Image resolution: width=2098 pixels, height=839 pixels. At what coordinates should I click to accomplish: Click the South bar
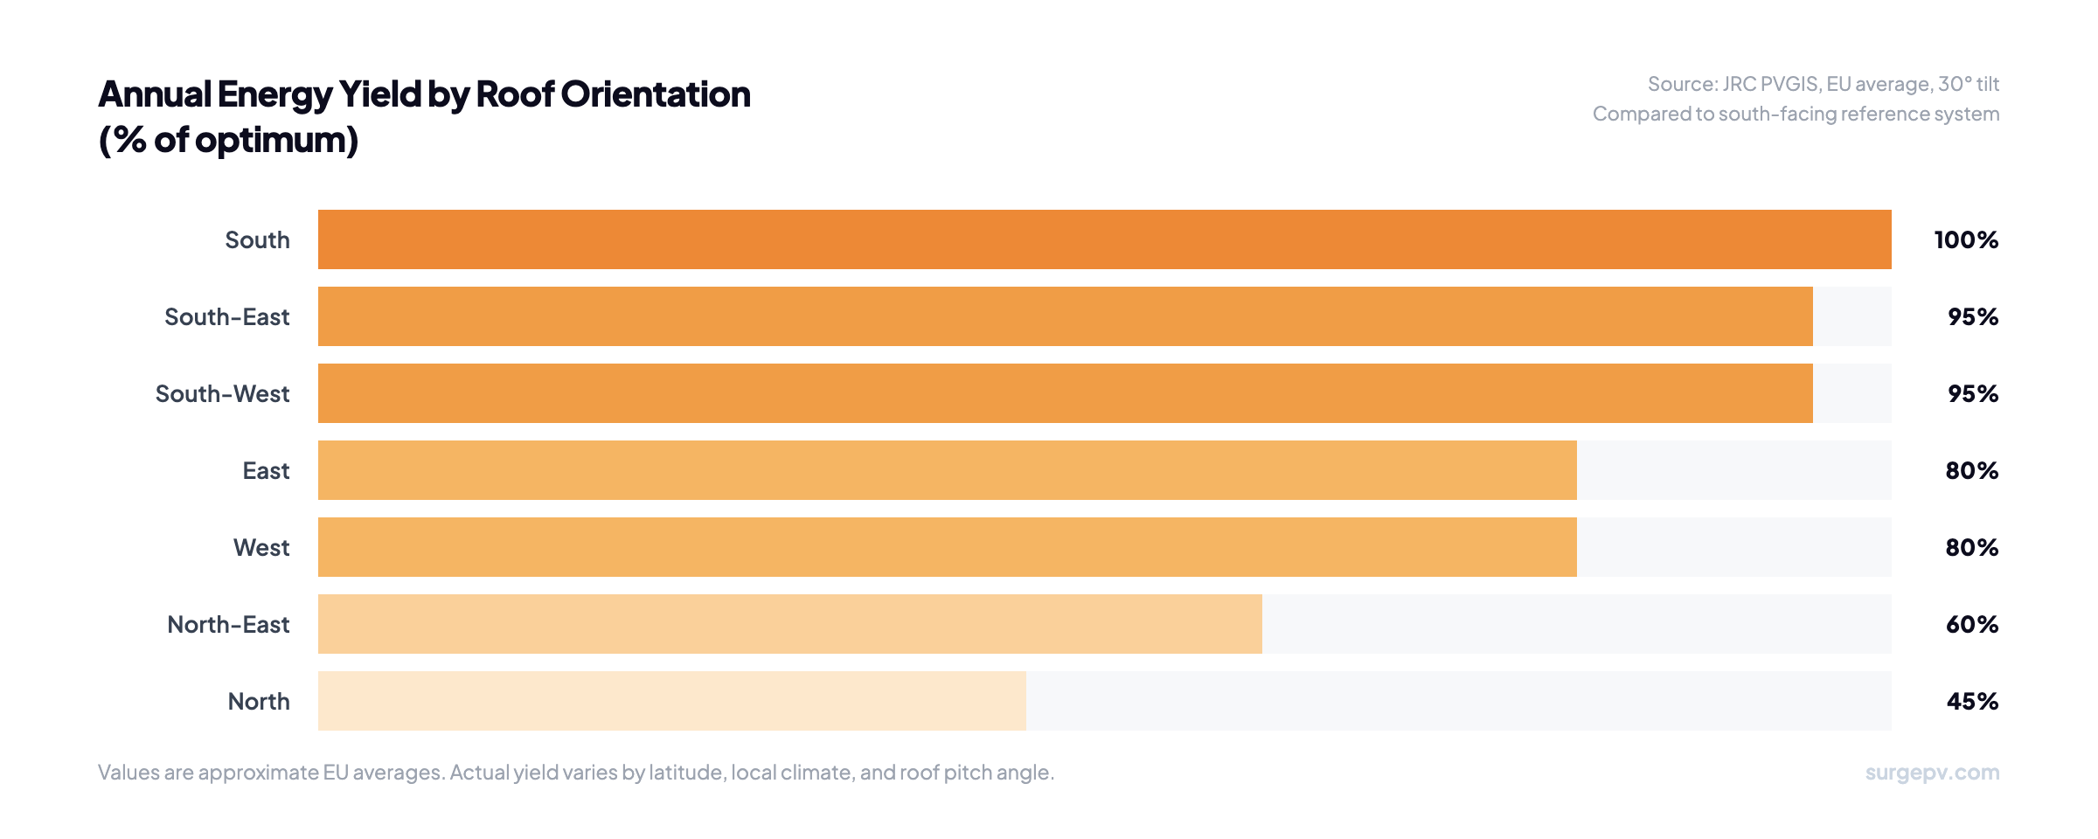[1104, 239]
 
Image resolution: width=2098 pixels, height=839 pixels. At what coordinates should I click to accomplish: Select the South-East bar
[1065, 316]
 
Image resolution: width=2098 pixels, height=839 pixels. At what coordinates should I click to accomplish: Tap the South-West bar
[1065, 393]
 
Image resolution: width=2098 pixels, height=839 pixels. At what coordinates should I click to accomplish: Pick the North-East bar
[789, 624]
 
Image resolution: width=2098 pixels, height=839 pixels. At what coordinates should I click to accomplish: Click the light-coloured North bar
[671, 701]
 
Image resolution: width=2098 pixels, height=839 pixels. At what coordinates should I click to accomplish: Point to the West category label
[261, 548]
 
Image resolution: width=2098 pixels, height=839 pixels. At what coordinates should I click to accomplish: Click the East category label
[266, 471]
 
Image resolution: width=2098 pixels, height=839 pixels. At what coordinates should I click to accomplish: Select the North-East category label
[228, 625]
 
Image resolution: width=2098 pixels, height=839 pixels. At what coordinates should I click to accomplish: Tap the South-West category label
[222, 394]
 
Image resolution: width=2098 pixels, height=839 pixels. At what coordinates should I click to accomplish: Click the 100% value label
[1966, 240]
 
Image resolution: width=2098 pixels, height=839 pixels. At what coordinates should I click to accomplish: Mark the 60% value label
[1971, 625]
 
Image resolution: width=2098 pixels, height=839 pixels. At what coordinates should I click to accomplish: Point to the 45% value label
[1972, 702]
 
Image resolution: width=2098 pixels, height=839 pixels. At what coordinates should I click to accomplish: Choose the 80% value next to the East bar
[1971, 471]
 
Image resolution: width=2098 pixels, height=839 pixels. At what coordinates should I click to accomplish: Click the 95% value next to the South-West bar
[1972, 394]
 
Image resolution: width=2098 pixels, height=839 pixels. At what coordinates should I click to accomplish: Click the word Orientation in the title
[655, 94]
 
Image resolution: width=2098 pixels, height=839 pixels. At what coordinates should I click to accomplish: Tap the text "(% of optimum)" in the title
[228, 140]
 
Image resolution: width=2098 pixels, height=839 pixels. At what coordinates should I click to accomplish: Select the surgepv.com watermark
[1932, 773]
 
